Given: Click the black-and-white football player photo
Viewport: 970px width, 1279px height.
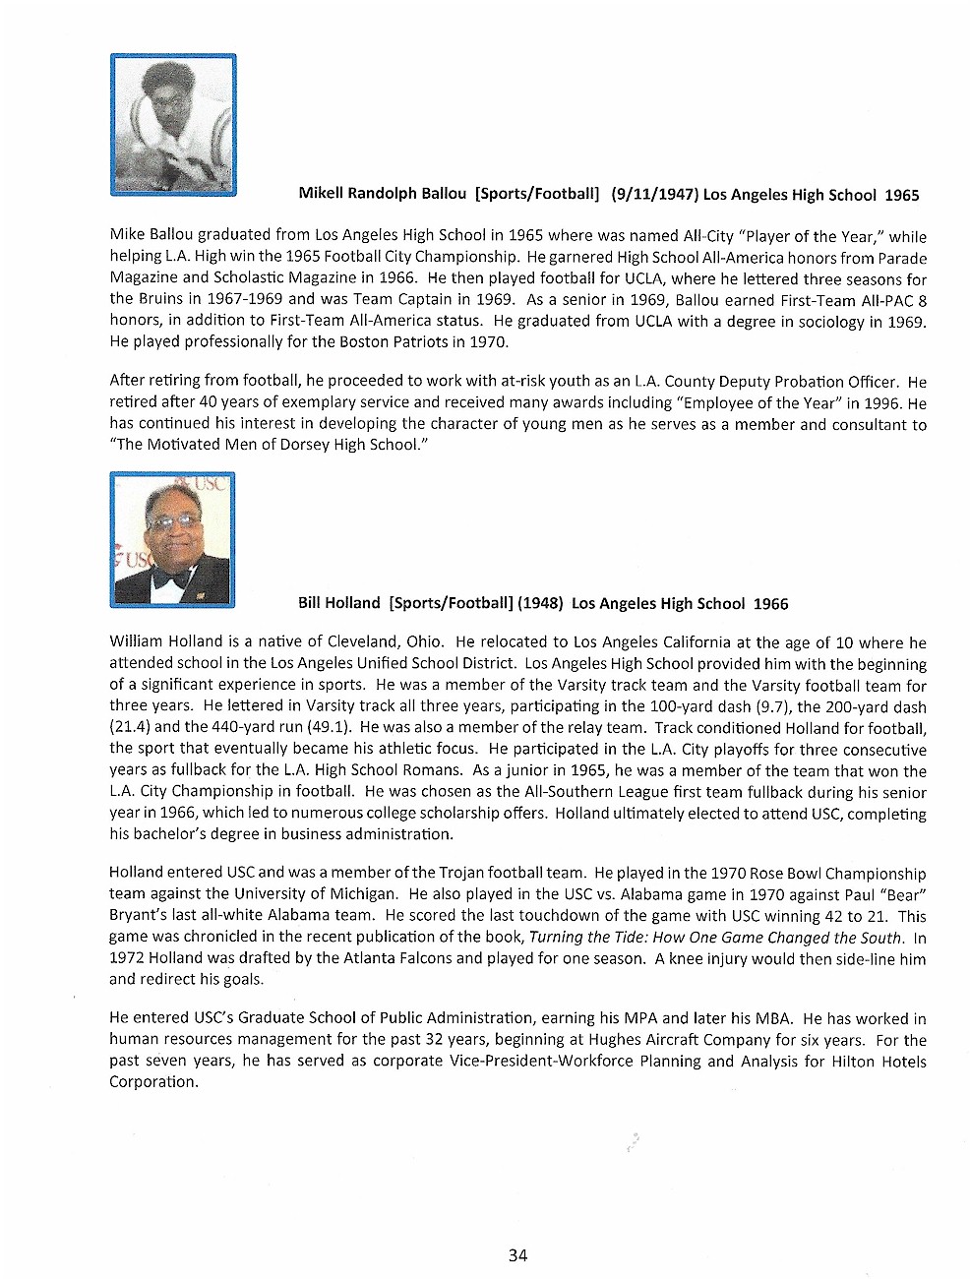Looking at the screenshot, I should (x=173, y=125).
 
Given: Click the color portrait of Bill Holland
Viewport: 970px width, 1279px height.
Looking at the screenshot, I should (x=173, y=539).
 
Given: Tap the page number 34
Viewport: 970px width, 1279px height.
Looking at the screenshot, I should (x=518, y=1254).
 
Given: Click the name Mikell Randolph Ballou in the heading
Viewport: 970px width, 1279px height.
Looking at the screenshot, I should (x=382, y=194).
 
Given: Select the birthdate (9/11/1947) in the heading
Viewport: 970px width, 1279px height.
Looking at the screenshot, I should (x=654, y=194).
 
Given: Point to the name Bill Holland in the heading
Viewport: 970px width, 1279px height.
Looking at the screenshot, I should (x=338, y=603).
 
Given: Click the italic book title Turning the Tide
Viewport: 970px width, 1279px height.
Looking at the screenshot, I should (x=588, y=938).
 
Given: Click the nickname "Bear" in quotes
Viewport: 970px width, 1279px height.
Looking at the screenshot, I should (x=907, y=894).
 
